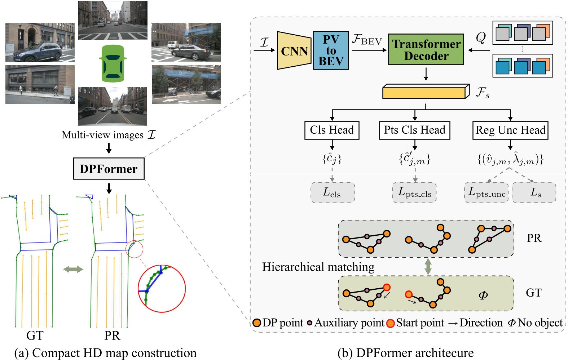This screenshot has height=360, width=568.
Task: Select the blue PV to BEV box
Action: point(331,50)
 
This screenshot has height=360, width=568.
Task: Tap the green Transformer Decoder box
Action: point(426,50)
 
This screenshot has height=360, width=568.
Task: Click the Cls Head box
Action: point(332,130)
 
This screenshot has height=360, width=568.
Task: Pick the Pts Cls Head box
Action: point(414,130)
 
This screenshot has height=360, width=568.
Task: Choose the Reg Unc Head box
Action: point(510,130)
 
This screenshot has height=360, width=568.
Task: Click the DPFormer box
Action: point(109,169)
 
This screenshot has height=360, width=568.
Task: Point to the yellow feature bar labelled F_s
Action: point(426,92)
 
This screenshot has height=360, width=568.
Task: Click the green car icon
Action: point(113,63)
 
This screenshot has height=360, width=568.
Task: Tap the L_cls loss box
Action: point(332,192)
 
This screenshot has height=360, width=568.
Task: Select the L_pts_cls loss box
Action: point(414,192)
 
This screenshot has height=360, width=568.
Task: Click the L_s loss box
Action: point(534,192)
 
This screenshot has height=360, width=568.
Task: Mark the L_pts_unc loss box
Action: point(486,192)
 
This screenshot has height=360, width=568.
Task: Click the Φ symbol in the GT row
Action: point(483,295)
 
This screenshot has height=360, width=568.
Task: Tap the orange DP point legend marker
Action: point(257,323)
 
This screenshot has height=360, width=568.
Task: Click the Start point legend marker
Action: point(390,323)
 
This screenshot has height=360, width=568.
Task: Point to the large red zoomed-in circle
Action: point(162,289)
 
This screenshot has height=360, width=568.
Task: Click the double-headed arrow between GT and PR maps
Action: point(73,269)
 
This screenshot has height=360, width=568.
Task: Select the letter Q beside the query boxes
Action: point(481,37)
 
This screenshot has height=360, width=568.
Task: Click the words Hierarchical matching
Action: point(318,267)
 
